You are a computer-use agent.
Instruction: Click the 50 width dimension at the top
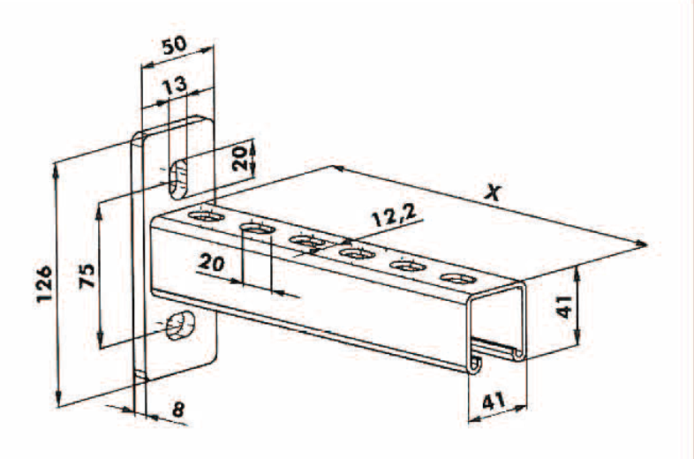click(174, 46)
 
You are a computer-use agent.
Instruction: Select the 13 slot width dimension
click(174, 84)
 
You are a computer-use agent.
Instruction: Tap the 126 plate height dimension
click(45, 283)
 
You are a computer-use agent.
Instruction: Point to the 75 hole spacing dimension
click(87, 275)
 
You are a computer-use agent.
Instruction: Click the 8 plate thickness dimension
click(178, 410)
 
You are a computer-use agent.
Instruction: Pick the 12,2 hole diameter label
click(394, 215)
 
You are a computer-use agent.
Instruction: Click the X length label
click(492, 192)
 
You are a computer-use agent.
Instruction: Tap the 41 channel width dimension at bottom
click(493, 402)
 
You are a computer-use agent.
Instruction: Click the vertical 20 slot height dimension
click(240, 159)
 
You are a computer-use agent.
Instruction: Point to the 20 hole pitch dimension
click(212, 262)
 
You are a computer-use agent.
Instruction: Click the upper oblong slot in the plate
click(178, 181)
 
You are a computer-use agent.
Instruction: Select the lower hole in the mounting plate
click(180, 326)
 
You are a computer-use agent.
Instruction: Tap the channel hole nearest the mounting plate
click(205, 217)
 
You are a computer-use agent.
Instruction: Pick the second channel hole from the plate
click(256, 229)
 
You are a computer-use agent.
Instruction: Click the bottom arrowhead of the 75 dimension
click(101, 341)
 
